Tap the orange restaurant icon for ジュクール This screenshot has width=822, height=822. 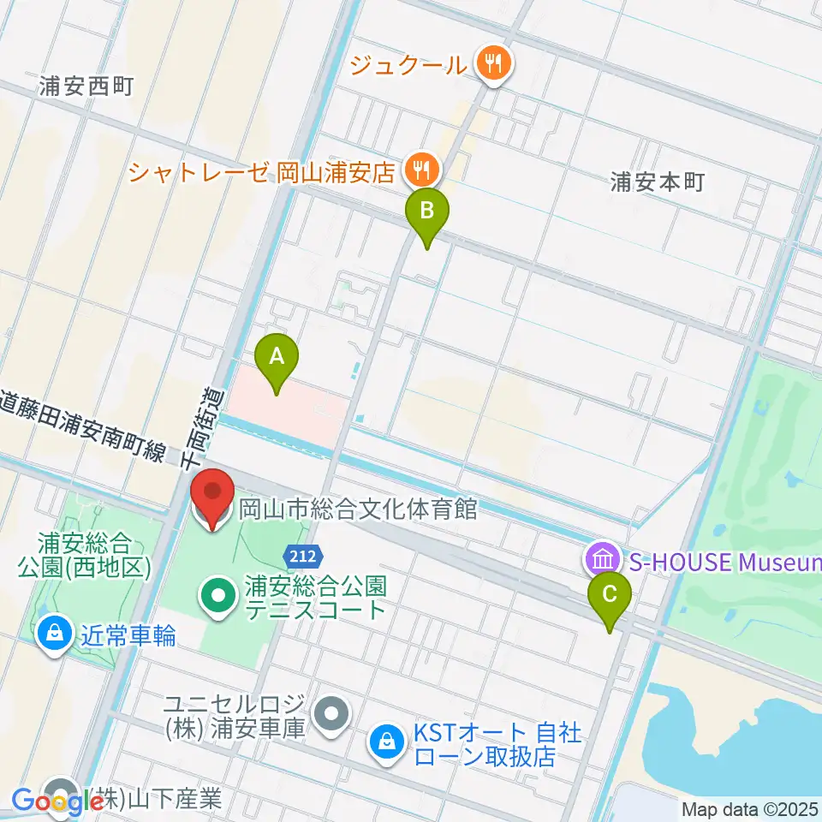493,63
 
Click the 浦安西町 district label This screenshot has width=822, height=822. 86,86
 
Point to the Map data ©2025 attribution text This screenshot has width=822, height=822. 749,809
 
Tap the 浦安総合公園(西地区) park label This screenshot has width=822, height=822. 83,554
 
